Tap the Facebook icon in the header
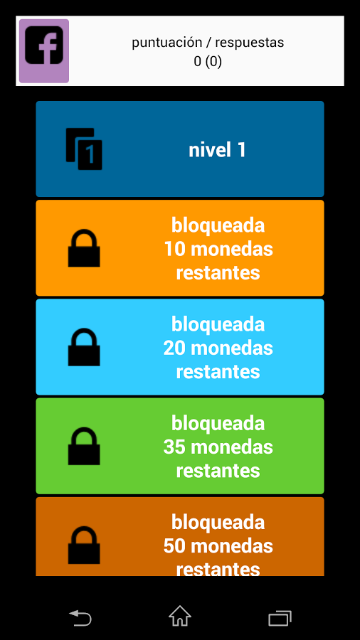click(44, 51)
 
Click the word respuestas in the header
click(250, 43)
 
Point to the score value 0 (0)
click(208, 62)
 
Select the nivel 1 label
click(217, 150)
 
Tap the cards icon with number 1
click(84, 149)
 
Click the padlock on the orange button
click(84, 248)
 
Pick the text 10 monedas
click(218, 249)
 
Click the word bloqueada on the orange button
click(218, 225)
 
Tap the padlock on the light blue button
click(84, 347)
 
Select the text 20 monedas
click(218, 348)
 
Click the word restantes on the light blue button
click(218, 372)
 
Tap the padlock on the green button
click(84, 446)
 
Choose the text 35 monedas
click(218, 447)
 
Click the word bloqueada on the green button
click(218, 423)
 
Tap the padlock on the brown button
click(84, 545)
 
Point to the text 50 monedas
click(218, 546)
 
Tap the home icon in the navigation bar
click(180, 616)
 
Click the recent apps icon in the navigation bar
click(280, 618)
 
